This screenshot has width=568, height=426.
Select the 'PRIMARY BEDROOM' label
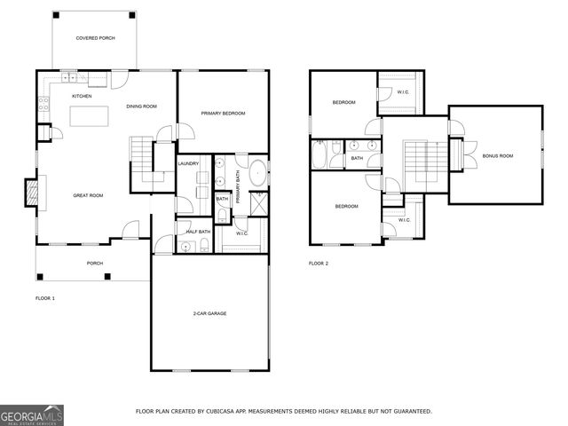coord(223,114)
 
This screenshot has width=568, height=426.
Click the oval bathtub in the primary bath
coord(258,172)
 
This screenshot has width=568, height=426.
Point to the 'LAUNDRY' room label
coord(188,164)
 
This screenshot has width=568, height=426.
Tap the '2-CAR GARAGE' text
coord(209,314)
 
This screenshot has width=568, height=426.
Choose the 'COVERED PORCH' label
coord(95,38)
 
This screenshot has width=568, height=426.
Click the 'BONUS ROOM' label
coord(498,156)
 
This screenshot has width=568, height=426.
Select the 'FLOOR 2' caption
coord(319,264)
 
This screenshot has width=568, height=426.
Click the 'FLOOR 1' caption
coord(44,298)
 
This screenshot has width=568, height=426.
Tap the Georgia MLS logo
coord(32,414)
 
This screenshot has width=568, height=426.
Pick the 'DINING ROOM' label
coord(141,106)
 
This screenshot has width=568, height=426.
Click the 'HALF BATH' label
coord(197,232)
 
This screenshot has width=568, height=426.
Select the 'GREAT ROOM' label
coord(89,195)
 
